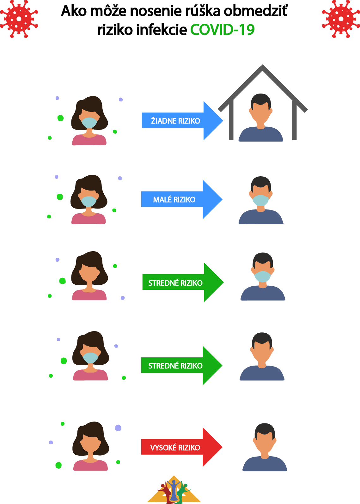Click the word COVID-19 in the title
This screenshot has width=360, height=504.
click(222, 30)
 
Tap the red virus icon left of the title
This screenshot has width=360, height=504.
click(19, 19)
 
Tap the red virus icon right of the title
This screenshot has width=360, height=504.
click(341, 19)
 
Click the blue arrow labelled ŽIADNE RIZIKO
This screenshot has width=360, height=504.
click(182, 121)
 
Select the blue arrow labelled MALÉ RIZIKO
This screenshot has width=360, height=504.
click(181, 199)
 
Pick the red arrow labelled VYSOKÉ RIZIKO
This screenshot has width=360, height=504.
click(181, 447)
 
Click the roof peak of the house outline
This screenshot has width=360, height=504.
click(262, 67)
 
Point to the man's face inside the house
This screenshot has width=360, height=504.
click(261, 112)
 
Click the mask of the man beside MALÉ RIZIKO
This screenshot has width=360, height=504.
click(260, 200)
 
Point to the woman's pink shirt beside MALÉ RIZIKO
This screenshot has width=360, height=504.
click(88, 219)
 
